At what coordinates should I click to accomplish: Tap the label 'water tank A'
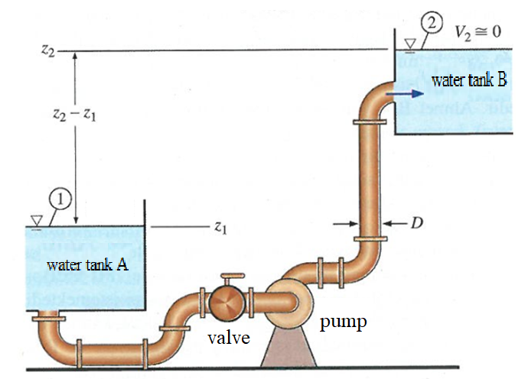click(x=86, y=265)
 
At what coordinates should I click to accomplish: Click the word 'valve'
click(x=230, y=337)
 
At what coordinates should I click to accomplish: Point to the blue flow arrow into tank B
click(x=405, y=93)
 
